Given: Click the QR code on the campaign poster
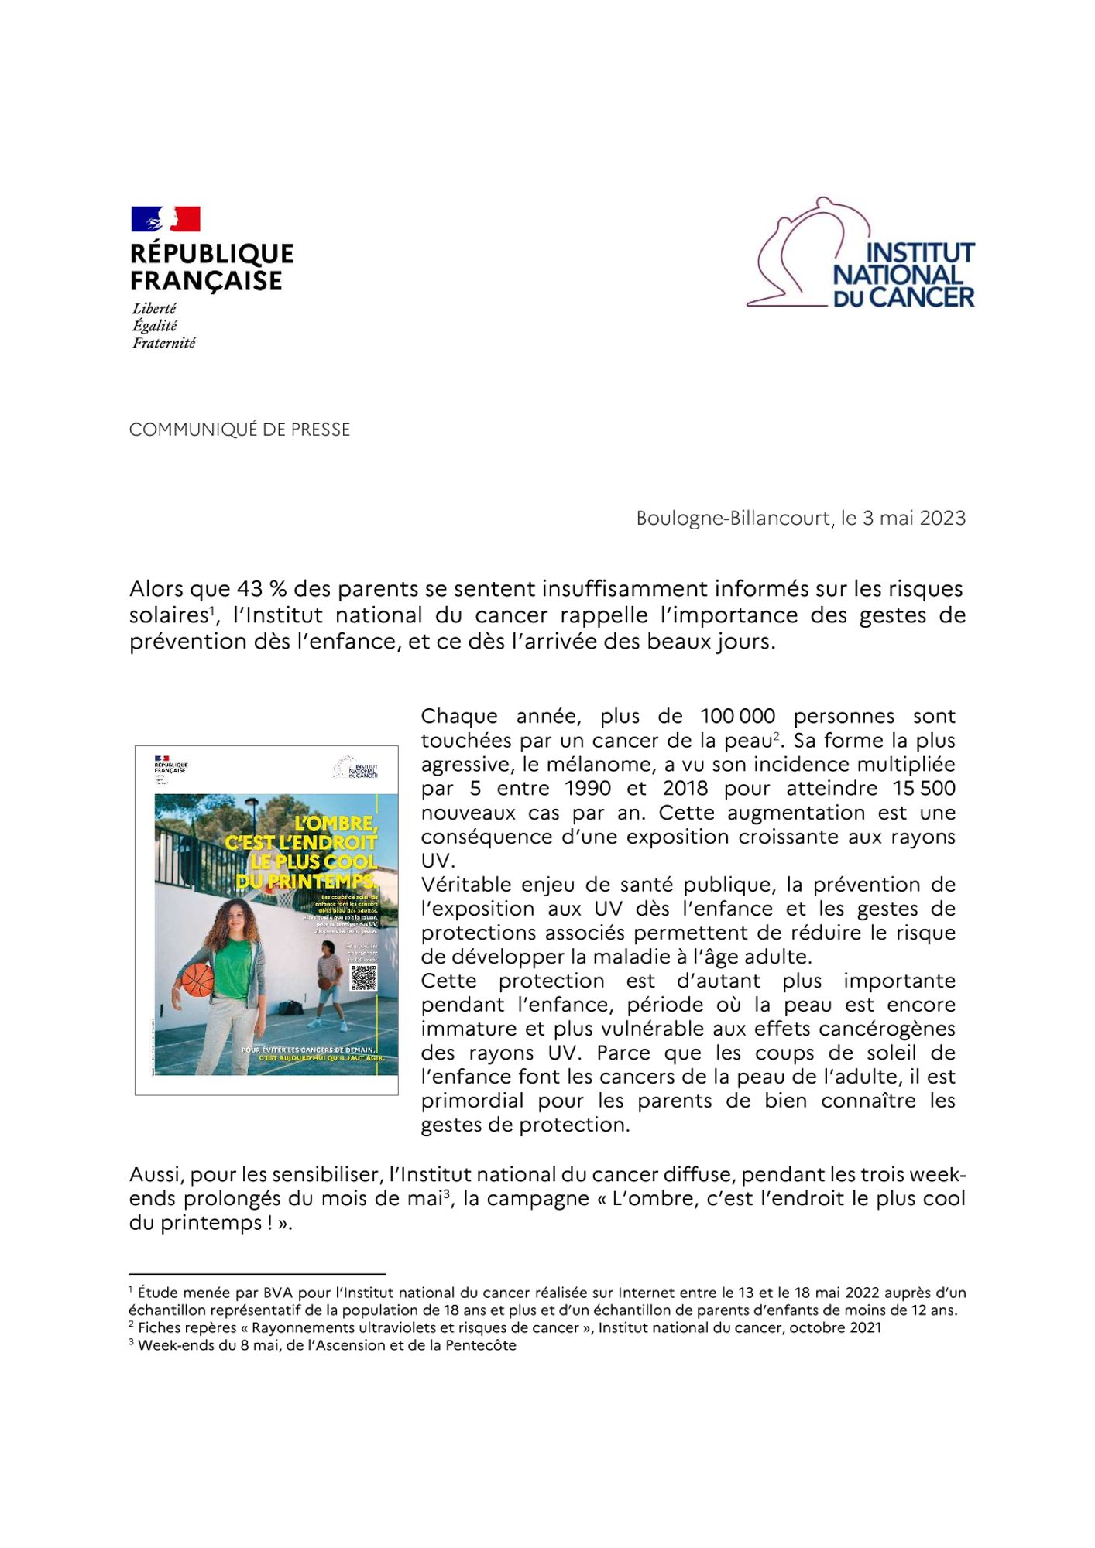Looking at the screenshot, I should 363,977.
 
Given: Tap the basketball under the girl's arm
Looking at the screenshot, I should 196,980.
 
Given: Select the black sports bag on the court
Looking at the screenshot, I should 295,1008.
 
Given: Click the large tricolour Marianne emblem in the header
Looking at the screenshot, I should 166,219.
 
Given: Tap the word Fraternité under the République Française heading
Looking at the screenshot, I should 163,343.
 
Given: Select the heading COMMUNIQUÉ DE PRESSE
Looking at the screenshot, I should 239,430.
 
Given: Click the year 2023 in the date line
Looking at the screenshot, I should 942,518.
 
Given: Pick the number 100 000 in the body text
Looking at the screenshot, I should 737,716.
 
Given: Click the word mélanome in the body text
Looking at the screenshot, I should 587,764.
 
